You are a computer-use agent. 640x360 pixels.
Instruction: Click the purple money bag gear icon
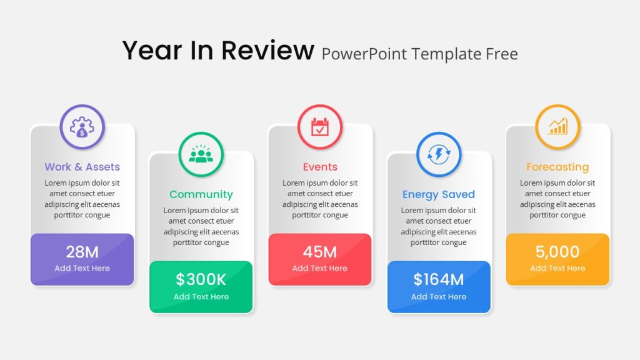click(82, 127)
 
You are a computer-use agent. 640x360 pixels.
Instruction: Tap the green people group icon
click(201, 154)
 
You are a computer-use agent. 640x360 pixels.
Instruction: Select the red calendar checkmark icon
click(320, 126)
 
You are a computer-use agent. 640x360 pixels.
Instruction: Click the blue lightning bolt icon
click(439, 154)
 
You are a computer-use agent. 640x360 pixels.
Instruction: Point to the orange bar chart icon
click(557, 126)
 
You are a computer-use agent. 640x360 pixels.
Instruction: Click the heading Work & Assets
click(82, 166)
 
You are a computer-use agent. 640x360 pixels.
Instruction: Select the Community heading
click(201, 194)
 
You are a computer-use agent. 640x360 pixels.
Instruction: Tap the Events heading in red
click(320, 166)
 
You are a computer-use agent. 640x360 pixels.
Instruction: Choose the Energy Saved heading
click(439, 194)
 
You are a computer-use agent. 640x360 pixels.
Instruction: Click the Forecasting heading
click(557, 167)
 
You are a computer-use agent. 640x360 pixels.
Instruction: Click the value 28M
click(82, 252)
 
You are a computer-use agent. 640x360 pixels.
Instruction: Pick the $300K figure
click(201, 279)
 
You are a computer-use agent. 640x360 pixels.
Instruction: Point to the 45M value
click(319, 252)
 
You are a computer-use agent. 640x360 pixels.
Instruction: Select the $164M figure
click(439, 279)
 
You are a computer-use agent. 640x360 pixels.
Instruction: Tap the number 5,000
click(557, 252)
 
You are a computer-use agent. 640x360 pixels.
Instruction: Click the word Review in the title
click(267, 51)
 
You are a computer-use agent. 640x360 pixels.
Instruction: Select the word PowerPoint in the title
click(364, 54)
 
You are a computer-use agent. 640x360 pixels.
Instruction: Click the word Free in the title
click(502, 54)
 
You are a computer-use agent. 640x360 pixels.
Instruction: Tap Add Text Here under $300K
click(201, 297)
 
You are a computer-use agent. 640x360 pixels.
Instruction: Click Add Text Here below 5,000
click(557, 268)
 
